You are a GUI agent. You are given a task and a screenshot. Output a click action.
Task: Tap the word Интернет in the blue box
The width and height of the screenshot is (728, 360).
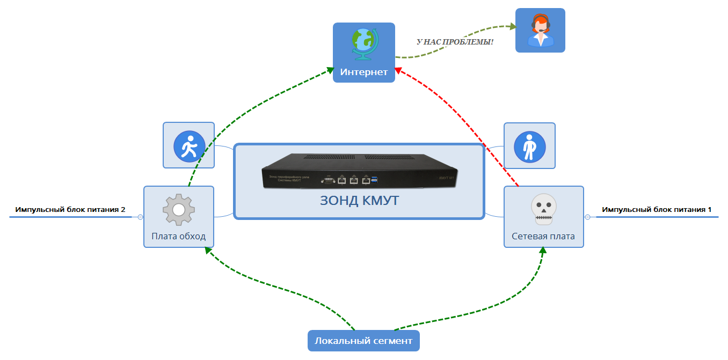tap(363, 72)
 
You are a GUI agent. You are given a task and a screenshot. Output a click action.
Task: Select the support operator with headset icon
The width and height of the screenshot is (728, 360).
tap(540, 31)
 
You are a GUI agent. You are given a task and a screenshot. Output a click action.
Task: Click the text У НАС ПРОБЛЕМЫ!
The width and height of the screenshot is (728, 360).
tap(455, 41)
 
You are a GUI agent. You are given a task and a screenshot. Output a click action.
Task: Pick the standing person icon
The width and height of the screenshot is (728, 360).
tap(529, 146)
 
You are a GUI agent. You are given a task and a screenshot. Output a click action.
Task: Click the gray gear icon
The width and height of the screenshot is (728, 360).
tap(178, 210)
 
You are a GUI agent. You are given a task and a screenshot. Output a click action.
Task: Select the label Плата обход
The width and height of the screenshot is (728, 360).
tap(178, 236)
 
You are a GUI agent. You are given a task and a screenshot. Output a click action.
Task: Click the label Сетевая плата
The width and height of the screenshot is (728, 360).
tap(543, 236)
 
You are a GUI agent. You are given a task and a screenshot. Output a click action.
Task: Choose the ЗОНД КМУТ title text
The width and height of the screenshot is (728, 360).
tap(359, 201)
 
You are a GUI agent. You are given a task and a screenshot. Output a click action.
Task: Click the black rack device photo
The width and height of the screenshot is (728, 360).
tap(359, 171)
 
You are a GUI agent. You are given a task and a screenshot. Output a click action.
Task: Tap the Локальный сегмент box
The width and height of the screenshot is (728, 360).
tap(363, 341)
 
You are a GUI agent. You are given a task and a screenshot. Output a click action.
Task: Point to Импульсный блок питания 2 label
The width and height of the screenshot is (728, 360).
tap(70, 210)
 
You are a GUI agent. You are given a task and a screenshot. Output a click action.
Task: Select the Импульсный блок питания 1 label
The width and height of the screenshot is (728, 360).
tap(657, 210)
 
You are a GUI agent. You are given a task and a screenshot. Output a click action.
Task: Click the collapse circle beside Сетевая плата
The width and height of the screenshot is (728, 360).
tap(587, 217)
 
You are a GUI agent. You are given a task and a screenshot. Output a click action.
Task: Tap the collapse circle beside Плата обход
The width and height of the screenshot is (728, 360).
tap(140, 217)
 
